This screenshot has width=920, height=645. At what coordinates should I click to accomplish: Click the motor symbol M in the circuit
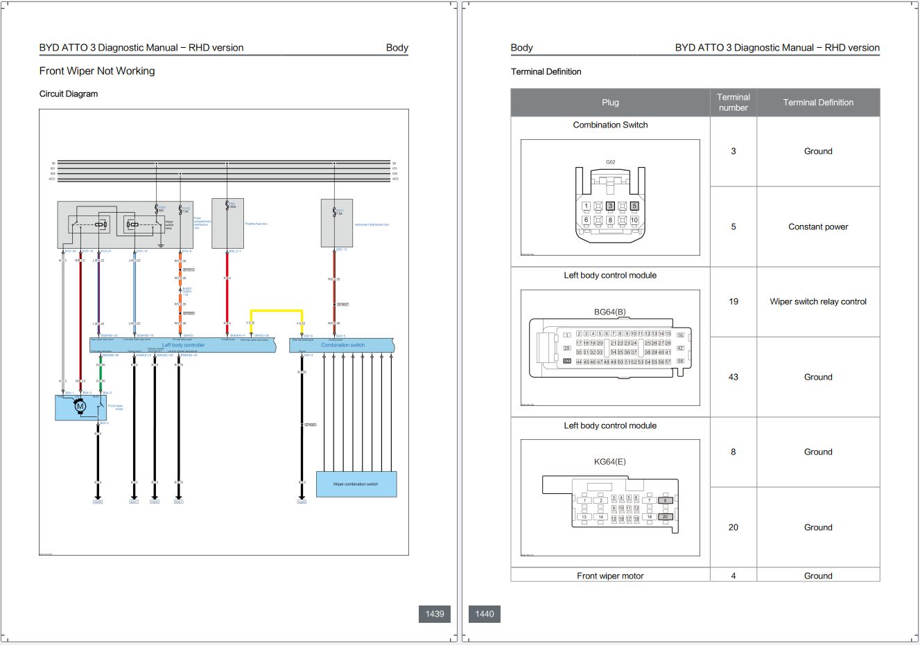pyautogui.click(x=80, y=407)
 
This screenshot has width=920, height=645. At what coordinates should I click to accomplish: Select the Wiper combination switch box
pyautogui.click(x=356, y=484)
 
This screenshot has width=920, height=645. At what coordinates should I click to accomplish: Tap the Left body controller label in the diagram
pyautogui.click(x=183, y=345)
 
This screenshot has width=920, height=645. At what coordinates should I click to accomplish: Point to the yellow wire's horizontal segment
pyautogui.click(x=277, y=311)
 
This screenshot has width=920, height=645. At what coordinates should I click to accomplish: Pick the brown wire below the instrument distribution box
pyautogui.click(x=334, y=284)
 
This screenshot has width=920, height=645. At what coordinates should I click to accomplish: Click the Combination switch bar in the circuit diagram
pyautogui.click(x=342, y=345)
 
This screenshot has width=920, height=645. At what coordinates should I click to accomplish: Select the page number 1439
pyautogui.click(x=435, y=614)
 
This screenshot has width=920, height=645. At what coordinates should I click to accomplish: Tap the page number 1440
pyautogui.click(x=485, y=614)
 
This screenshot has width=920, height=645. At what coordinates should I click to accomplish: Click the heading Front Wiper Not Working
pyautogui.click(x=97, y=71)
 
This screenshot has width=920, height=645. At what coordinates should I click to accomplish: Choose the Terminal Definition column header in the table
pyautogui.click(x=818, y=103)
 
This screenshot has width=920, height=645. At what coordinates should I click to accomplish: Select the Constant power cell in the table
pyautogui.click(x=818, y=227)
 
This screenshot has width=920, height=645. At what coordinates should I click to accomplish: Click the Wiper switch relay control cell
pyautogui.click(x=818, y=301)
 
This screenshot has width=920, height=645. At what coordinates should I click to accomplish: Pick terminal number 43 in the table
pyautogui.click(x=733, y=377)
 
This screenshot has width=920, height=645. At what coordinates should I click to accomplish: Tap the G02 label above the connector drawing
pyautogui.click(x=610, y=162)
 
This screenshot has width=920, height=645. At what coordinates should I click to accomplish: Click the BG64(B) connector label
pyautogui.click(x=610, y=312)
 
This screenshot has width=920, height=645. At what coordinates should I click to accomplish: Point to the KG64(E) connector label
pyautogui.click(x=610, y=461)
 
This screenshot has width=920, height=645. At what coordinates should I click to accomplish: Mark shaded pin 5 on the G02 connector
pyautogui.click(x=634, y=206)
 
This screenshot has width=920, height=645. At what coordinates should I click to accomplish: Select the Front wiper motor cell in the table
pyautogui.click(x=610, y=576)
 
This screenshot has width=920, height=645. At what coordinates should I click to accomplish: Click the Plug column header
pyautogui.click(x=610, y=103)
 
